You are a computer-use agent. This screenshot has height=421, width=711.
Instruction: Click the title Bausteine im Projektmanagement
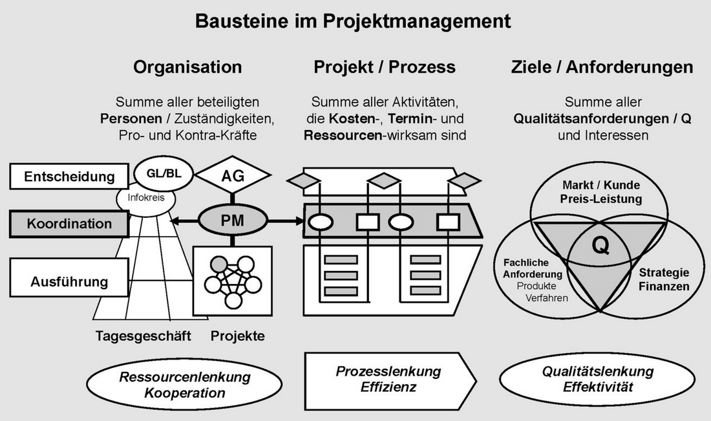pyautogui.click(x=353, y=21)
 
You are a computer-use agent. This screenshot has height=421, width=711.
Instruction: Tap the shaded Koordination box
pyautogui.click(x=69, y=224)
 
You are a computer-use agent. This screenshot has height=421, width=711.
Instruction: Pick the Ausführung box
pyautogui.click(x=69, y=282)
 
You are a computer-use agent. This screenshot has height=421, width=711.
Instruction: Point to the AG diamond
pyautogui.click(x=232, y=175)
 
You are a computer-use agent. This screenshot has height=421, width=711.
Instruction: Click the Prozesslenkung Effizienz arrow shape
pyautogui.click(x=388, y=379)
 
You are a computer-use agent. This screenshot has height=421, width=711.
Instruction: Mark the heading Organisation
pyautogui.click(x=187, y=67)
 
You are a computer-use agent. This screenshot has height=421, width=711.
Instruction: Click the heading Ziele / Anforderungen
pyautogui.click(x=602, y=67)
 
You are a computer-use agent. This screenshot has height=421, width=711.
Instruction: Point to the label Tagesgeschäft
pyautogui.click(x=143, y=336)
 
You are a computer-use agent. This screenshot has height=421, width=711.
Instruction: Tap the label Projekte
pyautogui.click(x=237, y=336)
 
